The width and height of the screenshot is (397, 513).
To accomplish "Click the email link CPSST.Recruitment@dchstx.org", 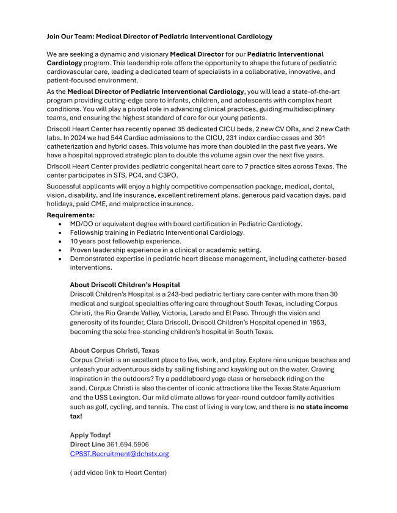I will point(119,454).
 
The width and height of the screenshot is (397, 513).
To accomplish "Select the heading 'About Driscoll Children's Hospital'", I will point(125,285).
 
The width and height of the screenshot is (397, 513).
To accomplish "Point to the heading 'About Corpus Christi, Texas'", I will point(114,351).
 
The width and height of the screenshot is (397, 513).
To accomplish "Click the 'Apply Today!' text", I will point(90,435).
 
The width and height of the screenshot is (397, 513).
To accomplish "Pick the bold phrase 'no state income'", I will point(322,407).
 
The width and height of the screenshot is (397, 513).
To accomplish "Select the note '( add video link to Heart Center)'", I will point(118,473).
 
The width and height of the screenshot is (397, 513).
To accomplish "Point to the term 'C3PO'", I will point(169,175).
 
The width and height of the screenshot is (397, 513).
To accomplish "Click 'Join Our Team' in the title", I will point(70,37).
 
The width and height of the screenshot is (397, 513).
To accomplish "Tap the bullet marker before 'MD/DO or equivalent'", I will point(60,224).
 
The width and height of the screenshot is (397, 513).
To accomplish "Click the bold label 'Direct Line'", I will point(83,444).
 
